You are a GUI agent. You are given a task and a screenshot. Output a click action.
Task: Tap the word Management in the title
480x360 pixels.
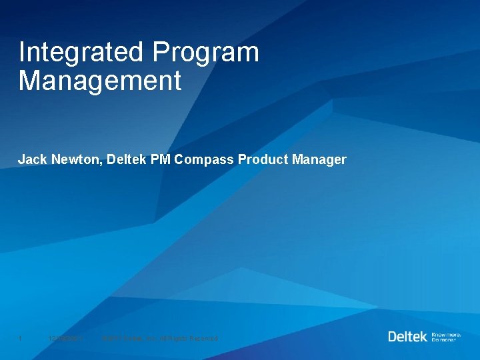point(100,81)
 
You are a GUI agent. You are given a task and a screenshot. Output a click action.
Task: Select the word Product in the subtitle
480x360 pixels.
point(263,160)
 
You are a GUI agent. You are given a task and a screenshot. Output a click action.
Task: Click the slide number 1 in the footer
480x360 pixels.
point(21,339)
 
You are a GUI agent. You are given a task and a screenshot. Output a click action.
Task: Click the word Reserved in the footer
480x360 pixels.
point(202,339)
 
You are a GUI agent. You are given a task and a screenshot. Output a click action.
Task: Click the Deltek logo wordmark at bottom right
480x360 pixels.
point(407,336)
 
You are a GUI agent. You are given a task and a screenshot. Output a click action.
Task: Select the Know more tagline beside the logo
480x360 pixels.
point(446,333)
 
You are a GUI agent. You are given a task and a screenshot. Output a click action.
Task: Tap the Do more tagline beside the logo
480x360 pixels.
point(444,339)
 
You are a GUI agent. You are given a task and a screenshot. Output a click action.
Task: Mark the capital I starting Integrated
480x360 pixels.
point(22,53)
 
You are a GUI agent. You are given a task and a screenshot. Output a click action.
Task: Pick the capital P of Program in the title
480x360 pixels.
point(161,53)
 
